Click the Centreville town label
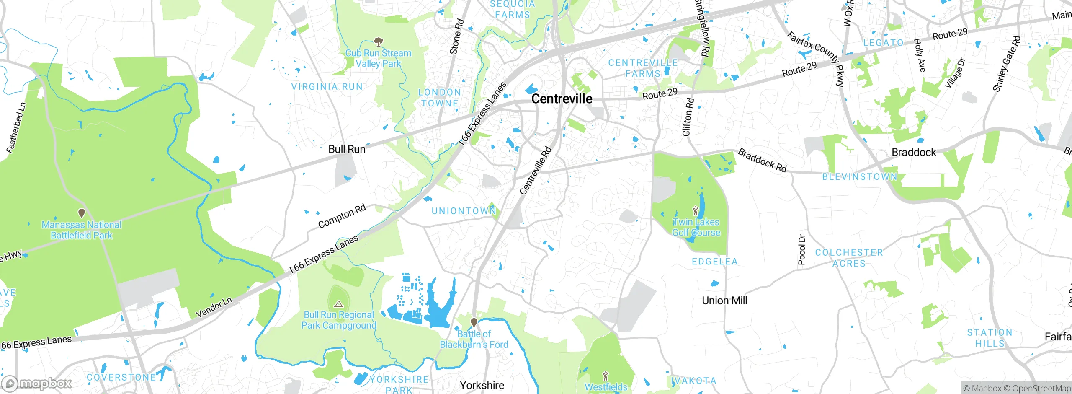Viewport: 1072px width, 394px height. pos(562,99)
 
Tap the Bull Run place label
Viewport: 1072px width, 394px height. pos(347,149)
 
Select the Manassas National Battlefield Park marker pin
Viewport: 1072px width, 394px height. pos(82,213)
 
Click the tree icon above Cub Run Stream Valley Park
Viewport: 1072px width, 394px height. pos(379,41)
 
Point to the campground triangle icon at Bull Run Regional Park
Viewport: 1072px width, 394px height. pos(339,304)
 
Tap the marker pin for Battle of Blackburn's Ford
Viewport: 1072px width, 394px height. pos(474,322)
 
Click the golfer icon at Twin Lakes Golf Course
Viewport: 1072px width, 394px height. pos(696,210)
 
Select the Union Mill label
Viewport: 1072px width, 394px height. pos(724,301)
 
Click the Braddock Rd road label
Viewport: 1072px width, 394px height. pos(762,160)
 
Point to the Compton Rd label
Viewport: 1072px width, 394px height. pos(342,216)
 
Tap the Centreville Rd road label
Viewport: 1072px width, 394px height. pos(536,171)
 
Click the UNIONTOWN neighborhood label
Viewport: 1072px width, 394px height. pos(464,211)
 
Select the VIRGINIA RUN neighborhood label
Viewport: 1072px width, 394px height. pos(327,87)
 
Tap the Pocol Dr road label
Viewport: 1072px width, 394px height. pos(801,249)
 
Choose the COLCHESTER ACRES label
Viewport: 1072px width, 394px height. pos(849,258)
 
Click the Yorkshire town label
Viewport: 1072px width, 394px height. pos(482,385)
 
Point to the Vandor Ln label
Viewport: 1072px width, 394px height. pos(214,308)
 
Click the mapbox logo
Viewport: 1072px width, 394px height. pos(37,383)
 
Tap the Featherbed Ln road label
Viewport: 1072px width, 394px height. pos(16,128)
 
